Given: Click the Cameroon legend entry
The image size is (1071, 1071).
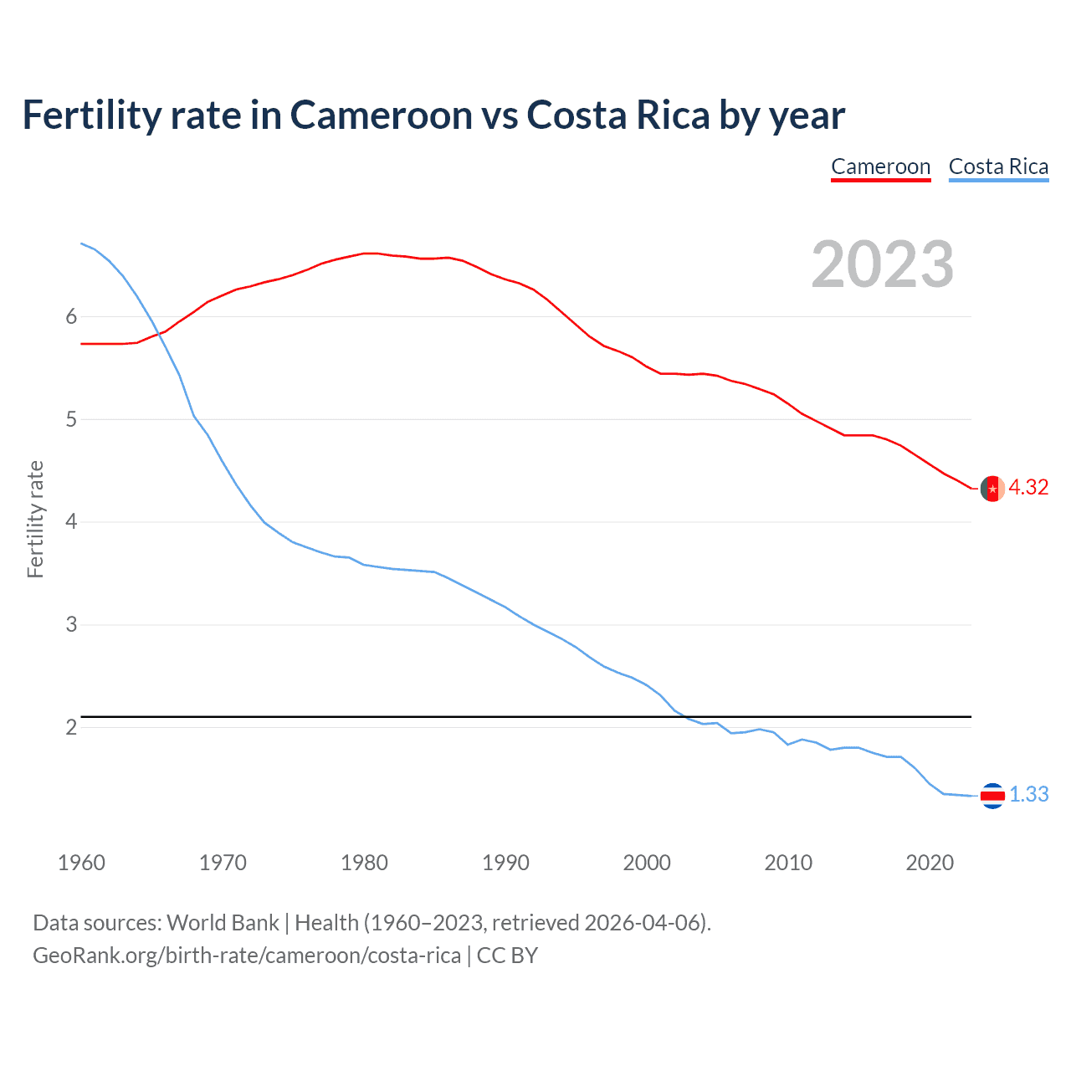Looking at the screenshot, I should tap(880, 167).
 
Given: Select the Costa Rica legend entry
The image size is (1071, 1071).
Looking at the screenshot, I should tap(998, 167).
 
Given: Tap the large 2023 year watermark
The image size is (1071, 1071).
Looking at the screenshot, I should tap(882, 264).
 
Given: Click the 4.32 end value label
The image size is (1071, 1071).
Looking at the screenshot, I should tap(1028, 488).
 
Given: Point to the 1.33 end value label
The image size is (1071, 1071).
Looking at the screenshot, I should tap(1028, 795).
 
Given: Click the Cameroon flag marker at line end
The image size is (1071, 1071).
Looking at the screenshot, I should tap(992, 489).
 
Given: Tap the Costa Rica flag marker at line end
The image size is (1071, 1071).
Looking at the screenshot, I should tap(992, 796).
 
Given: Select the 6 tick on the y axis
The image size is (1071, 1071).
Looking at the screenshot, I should tap(71, 316).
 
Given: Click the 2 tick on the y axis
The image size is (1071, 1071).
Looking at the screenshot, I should tap(71, 727).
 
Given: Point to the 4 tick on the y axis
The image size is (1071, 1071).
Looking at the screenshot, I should tap(71, 522).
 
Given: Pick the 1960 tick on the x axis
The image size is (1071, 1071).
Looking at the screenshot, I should tap(81, 863).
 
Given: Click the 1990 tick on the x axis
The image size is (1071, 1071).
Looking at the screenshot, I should tap(505, 863).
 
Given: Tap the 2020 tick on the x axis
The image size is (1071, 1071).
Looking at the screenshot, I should tap(930, 863).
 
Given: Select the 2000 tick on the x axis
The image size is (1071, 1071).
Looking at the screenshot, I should tap(647, 863).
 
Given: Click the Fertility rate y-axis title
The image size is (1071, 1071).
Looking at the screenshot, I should tap(35, 519).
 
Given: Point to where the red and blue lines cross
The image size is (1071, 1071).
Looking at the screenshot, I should tap(159, 334).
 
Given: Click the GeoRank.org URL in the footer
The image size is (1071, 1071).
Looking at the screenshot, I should tap(246, 956).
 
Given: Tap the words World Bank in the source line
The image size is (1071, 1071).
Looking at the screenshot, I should tap(223, 923).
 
